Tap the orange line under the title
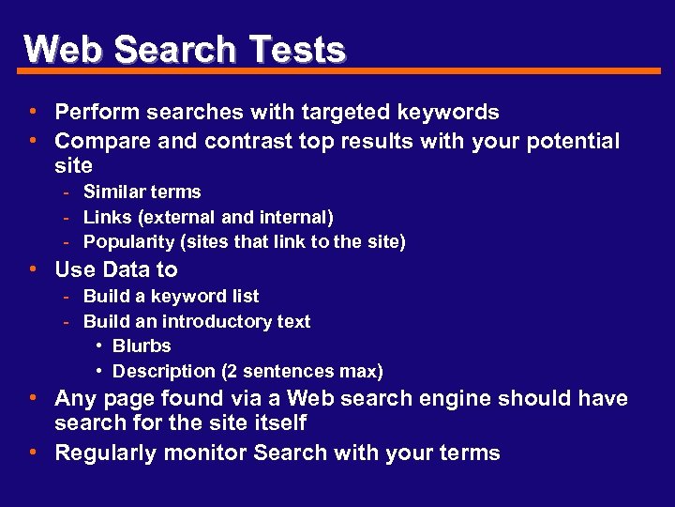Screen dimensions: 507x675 [x=375, y=70]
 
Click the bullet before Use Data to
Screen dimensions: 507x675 [x=33, y=269]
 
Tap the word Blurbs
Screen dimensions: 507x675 [x=142, y=346]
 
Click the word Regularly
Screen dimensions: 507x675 [x=102, y=453]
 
